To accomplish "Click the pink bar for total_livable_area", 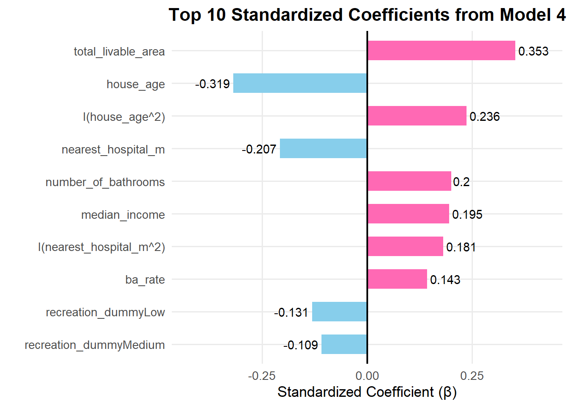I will (x=441, y=50).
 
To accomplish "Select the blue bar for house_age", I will (x=300, y=83).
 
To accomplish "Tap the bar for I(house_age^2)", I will (x=417, y=116).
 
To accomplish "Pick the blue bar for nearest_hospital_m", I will (x=323, y=148).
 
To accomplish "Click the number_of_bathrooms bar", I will (x=409, y=181).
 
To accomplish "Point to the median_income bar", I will (x=408, y=214).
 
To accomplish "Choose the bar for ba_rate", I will (x=397, y=279).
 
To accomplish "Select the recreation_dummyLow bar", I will (x=339, y=312).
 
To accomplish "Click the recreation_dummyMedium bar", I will (x=344, y=344).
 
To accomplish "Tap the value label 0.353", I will (x=533, y=51).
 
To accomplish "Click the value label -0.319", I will (x=212, y=84).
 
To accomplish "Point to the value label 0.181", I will (x=461, y=247).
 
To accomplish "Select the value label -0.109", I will (x=301, y=345).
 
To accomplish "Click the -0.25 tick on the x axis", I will (x=262, y=376).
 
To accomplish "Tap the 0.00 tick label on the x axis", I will (x=367, y=376).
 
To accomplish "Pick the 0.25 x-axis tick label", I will (x=472, y=376).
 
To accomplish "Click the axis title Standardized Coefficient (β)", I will (x=367, y=392).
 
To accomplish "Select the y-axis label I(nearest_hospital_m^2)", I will (x=101, y=247).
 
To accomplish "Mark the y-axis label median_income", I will (x=123, y=215).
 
